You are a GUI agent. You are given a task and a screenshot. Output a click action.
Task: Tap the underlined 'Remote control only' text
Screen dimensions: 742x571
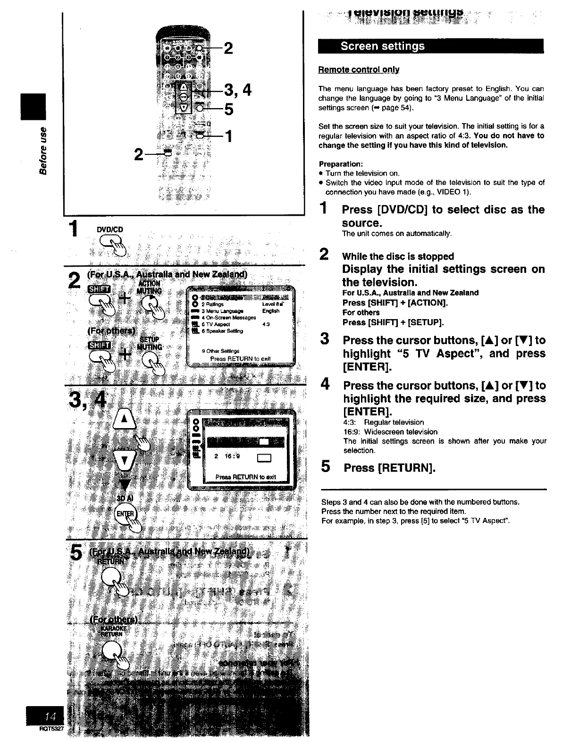point(359,69)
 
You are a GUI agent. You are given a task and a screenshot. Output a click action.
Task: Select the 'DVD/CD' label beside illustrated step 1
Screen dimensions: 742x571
point(109,230)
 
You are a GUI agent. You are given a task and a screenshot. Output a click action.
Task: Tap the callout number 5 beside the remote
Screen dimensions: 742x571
point(229,110)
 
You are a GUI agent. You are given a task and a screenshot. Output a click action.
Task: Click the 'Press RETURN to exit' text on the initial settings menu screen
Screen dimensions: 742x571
point(240,359)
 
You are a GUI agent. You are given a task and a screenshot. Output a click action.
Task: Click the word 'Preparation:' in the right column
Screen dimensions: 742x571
point(341,164)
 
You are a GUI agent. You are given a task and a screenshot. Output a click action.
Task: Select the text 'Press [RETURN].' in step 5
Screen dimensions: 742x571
point(389,468)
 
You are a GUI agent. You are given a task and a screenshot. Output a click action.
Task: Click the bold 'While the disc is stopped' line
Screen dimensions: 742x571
point(398,256)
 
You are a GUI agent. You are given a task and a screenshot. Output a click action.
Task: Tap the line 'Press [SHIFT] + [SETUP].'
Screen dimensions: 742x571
point(393,322)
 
